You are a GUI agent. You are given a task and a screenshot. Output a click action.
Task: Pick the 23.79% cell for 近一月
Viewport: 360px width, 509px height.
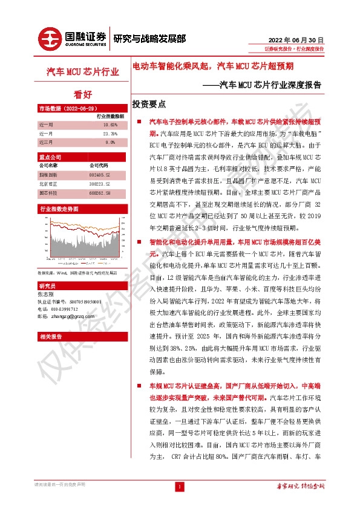(110, 133)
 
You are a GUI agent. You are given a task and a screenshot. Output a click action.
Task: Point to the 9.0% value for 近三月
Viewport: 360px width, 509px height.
(110, 142)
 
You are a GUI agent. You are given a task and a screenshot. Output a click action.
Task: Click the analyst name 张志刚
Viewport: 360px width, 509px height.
(46, 294)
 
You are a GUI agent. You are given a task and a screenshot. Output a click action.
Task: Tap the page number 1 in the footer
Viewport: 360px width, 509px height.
(179, 487)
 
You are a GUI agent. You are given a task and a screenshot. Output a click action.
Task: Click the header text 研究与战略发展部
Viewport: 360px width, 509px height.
(149, 38)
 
